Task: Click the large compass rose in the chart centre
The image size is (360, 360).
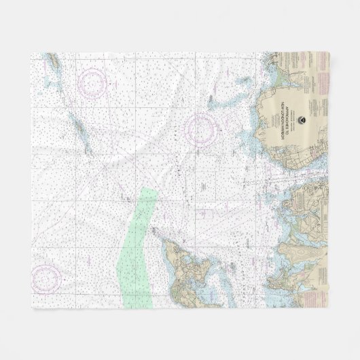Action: tap(202, 126)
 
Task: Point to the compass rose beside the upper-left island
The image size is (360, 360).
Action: tap(93, 84)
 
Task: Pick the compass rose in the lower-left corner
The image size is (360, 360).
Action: tap(46, 277)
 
